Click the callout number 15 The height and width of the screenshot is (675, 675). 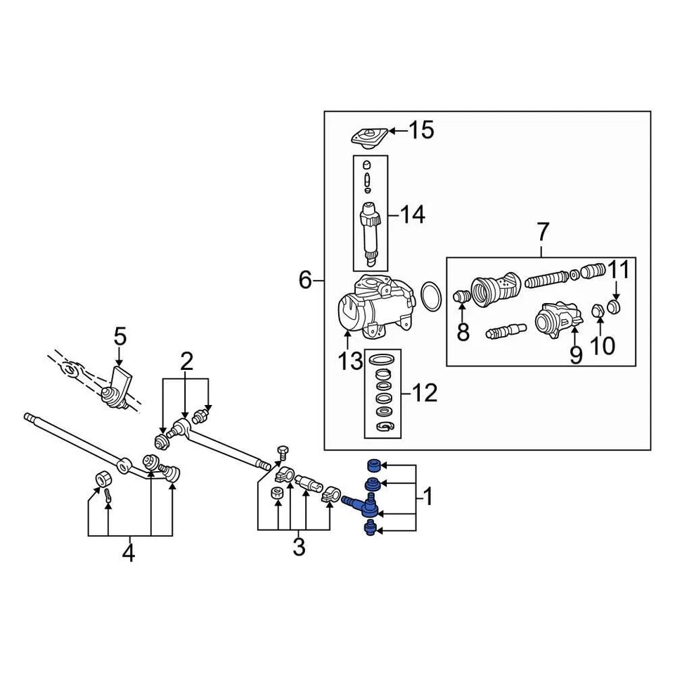[422, 130]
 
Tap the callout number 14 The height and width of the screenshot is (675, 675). [412, 214]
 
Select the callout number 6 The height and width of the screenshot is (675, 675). [305, 281]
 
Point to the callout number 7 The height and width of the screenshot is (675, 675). [542, 231]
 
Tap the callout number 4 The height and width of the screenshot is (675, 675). [128, 553]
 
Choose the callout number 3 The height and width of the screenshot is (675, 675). [299, 546]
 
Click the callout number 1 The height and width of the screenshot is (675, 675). [427, 499]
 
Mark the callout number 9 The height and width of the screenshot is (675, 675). [576, 355]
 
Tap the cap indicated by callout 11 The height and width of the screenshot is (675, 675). [614, 307]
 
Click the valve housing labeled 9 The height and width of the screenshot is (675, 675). [556, 321]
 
